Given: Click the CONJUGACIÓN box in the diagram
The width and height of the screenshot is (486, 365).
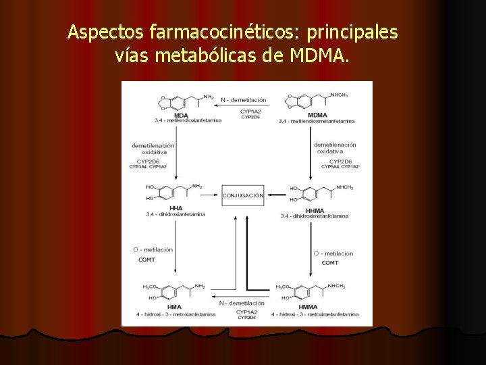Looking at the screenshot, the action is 243,195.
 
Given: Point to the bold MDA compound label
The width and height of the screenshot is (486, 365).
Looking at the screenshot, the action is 181,115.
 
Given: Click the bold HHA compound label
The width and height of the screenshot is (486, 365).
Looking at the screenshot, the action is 177,208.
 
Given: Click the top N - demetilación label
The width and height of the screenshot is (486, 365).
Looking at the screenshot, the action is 243,100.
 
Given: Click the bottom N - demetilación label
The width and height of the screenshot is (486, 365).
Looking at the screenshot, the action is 241,303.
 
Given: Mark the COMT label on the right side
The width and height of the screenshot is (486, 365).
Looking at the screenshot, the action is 330,262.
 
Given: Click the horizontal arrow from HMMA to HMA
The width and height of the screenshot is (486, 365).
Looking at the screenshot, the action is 241,297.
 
